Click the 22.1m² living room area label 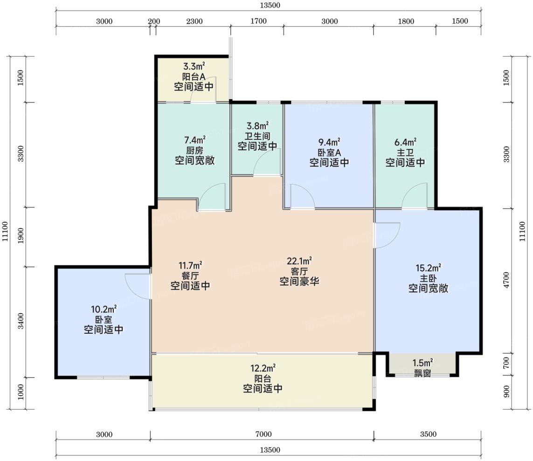(x=299, y=261)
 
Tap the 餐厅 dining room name (x=190, y=275)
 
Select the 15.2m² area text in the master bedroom (x=428, y=268)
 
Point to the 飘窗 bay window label (x=422, y=373)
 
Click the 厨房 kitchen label (x=194, y=150)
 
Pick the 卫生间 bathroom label (x=258, y=136)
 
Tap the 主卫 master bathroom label (x=405, y=152)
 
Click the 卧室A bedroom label (x=329, y=152)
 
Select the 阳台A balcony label (x=194, y=77)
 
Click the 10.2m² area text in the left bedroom (x=104, y=310)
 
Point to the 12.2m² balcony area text (x=263, y=368)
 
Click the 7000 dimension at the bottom (x=263, y=434)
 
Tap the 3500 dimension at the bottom (x=428, y=434)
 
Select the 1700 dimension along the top (x=259, y=21)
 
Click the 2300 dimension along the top (x=194, y=21)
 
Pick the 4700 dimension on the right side (x=506, y=280)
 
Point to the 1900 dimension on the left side (x=21, y=235)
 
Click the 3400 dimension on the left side (x=21, y=321)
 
